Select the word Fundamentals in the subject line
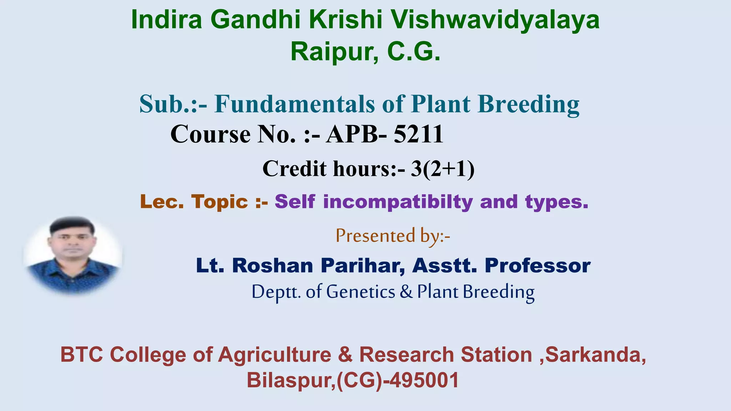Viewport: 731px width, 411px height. [x=294, y=104]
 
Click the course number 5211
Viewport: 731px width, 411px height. [x=418, y=135]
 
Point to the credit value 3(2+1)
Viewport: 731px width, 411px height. [x=443, y=168]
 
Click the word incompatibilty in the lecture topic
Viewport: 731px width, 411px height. [x=398, y=202]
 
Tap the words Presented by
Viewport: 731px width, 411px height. [x=393, y=236]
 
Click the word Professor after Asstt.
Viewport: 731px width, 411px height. [x=538, y=266]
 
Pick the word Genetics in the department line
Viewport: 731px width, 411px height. [x=361, y=292]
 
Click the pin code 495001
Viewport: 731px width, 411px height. [x=424, y=380]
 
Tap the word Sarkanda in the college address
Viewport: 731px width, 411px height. [x=595, y=355]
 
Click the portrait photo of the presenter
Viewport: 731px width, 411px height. [x=73, y=255]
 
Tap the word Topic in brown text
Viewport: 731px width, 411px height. [x=219, y=202]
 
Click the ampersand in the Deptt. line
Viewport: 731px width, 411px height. [x=406, y=292]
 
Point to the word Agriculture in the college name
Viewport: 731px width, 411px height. [x=274, y=355]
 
